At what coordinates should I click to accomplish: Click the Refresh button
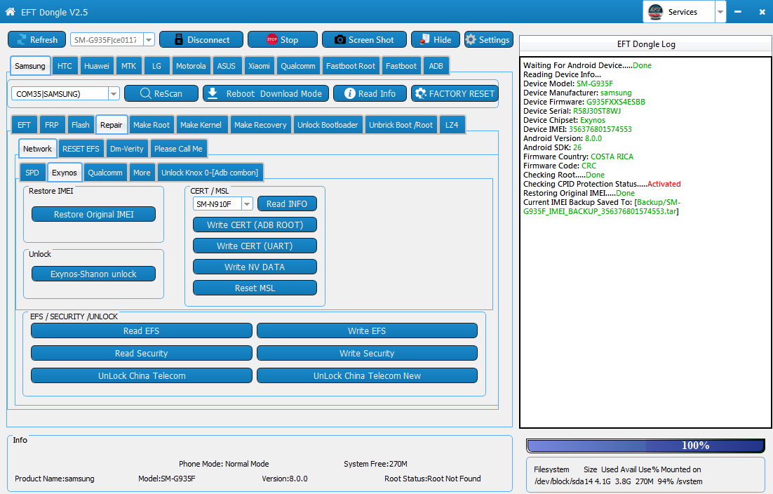click(37, 39)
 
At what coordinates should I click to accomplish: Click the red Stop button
click(283, 39)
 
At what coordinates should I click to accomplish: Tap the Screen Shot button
click(364, 39)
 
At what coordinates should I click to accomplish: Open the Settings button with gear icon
click(488, 39)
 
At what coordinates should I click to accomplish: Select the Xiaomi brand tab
click(259, 66)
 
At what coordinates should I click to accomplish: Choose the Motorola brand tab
click(191, 66)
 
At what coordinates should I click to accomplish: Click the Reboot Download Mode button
click(266, 93)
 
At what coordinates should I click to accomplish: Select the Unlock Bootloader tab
click(328, 125)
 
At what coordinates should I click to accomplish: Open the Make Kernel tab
click(201, 125)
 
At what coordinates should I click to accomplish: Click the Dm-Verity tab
click(127, 148)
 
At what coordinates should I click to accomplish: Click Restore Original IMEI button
click(94, 214)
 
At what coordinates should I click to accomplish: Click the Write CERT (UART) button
click(255, 246)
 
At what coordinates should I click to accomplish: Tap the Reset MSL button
click(255, 288)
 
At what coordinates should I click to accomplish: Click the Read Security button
click(142, 353)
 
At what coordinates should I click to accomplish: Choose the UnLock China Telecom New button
click(368, 375)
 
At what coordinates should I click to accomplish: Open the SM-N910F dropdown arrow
click(247, 203)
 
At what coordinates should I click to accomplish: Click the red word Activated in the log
click(664, 184)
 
